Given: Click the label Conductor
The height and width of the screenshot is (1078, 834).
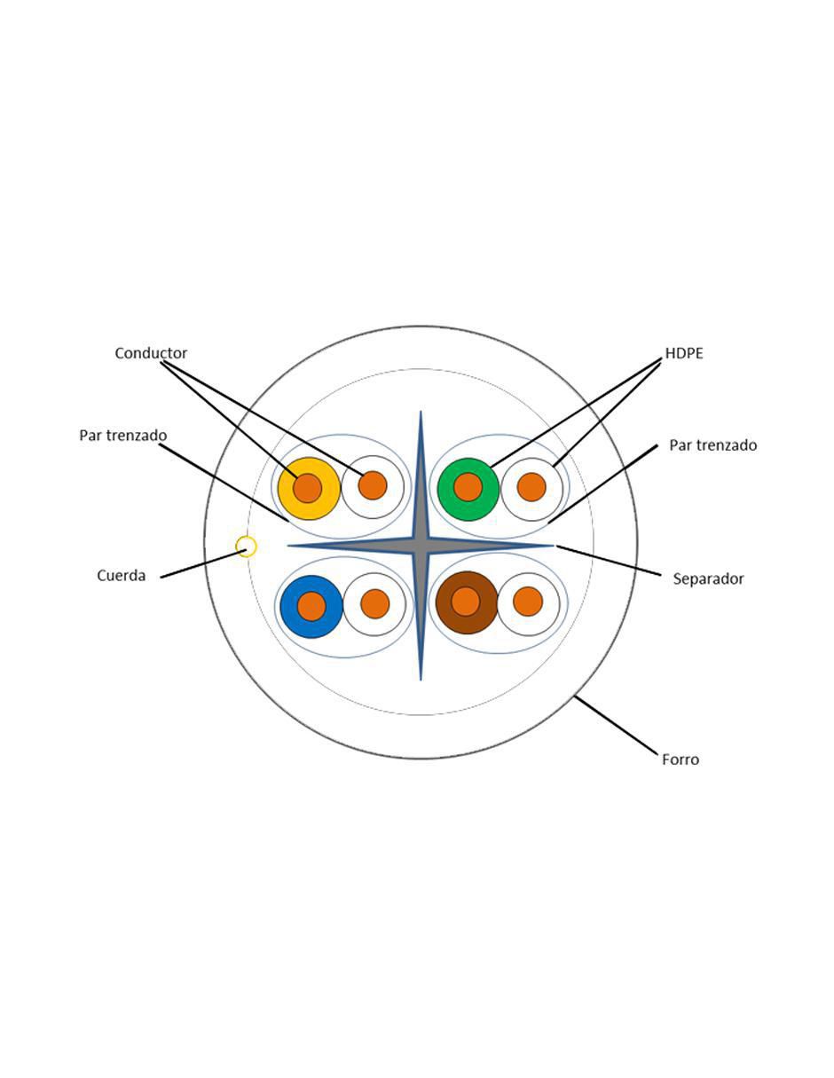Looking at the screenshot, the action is [151, 353].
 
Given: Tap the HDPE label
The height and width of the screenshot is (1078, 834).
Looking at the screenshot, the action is [684, 353].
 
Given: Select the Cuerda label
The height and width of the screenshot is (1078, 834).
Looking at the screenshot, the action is [121, 576].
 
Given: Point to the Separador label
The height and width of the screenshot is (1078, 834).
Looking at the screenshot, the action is [708, 578].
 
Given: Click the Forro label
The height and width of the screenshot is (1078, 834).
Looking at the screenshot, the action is [681, 759].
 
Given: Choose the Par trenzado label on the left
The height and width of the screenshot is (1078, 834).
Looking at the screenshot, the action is [123, 436].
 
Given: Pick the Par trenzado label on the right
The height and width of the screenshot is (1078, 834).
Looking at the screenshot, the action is [713, 445].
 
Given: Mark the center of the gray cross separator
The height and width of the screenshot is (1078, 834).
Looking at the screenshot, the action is [421, 546].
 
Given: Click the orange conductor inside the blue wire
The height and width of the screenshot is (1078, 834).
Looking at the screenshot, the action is [311, 606].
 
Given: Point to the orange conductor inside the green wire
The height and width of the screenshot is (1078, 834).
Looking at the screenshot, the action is [468, 487].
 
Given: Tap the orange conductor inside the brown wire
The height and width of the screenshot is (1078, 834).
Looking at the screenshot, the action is [466, 602].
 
